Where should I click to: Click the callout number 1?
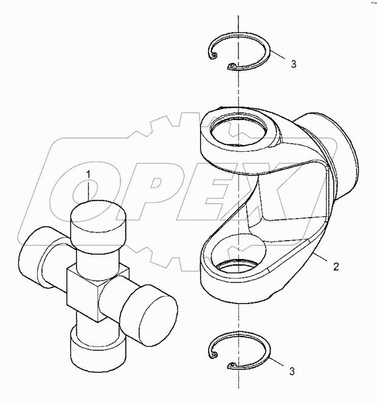(89, 175)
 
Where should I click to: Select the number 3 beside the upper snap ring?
(294, 63)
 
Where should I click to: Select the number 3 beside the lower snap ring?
(294, 370)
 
